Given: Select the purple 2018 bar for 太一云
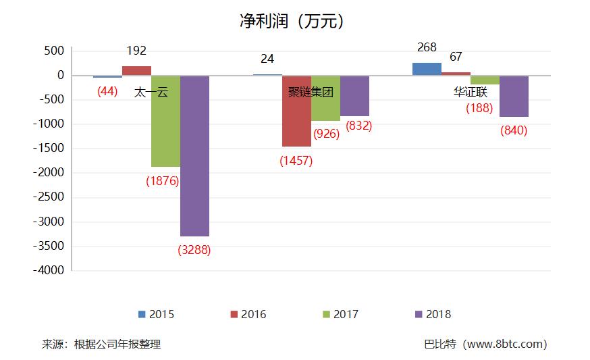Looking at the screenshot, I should [194, 155].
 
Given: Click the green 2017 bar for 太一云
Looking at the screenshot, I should [165, 122].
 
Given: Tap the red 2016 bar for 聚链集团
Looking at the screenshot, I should [296, 111].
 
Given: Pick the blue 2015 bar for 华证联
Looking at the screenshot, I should [427, 69].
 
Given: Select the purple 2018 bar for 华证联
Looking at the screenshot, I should [514, 96].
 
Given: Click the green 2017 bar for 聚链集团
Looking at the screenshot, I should [325, 99].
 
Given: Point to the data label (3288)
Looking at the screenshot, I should [194, 250].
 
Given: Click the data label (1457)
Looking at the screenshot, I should [296, 161].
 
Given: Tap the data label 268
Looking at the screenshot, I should [427, 48].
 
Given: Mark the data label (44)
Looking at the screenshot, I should [107, 91].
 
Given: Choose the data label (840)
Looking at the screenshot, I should [514, 131].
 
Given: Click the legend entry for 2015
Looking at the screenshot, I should [156, 314].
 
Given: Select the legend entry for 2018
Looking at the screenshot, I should [433, 314].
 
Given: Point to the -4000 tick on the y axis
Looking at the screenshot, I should [49, 270].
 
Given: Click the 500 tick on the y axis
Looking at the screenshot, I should [53, 51].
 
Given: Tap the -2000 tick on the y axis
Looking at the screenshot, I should [49, 173].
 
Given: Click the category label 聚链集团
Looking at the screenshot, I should [311, 92].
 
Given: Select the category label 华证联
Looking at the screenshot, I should [471, 92].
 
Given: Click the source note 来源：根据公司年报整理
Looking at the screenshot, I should [101, 344].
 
